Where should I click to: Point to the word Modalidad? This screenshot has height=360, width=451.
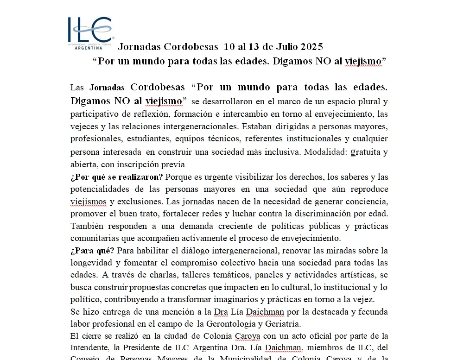325,152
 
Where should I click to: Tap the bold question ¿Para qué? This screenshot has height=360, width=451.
92,251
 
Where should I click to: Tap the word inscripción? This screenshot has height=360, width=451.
139,164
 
